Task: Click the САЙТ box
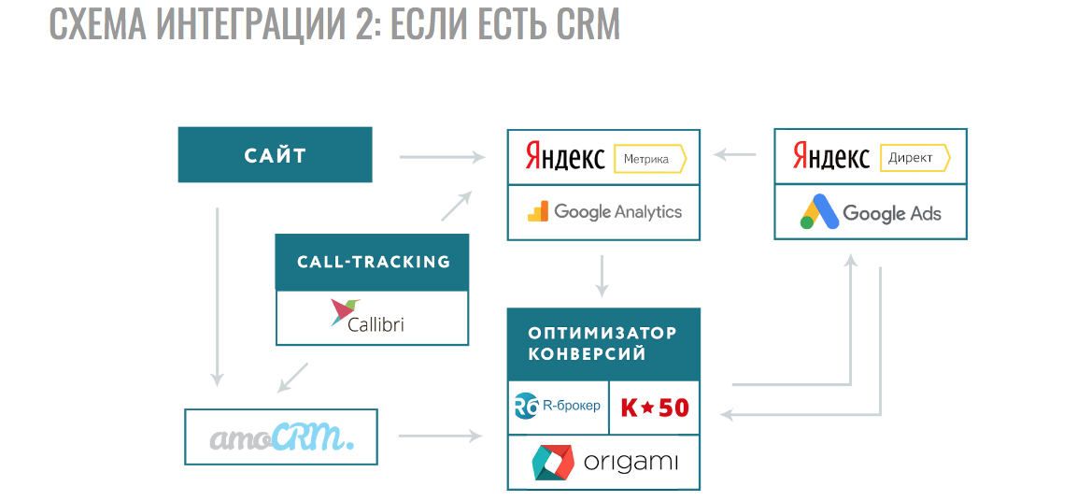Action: point(275,155)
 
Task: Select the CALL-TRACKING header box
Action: point(373,262)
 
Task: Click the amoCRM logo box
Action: point(281,437)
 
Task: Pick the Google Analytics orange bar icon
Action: point(538,211)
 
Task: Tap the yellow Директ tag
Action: point(914,158)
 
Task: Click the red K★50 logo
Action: point(654,408)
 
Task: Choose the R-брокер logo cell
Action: point(558,407)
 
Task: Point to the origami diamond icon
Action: point(551,463)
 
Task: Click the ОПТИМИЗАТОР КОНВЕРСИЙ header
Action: point(602,344)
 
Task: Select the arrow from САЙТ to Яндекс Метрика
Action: point(441,157)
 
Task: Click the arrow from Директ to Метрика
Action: point(735,154)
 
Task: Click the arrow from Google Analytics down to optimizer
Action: point(602,275)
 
